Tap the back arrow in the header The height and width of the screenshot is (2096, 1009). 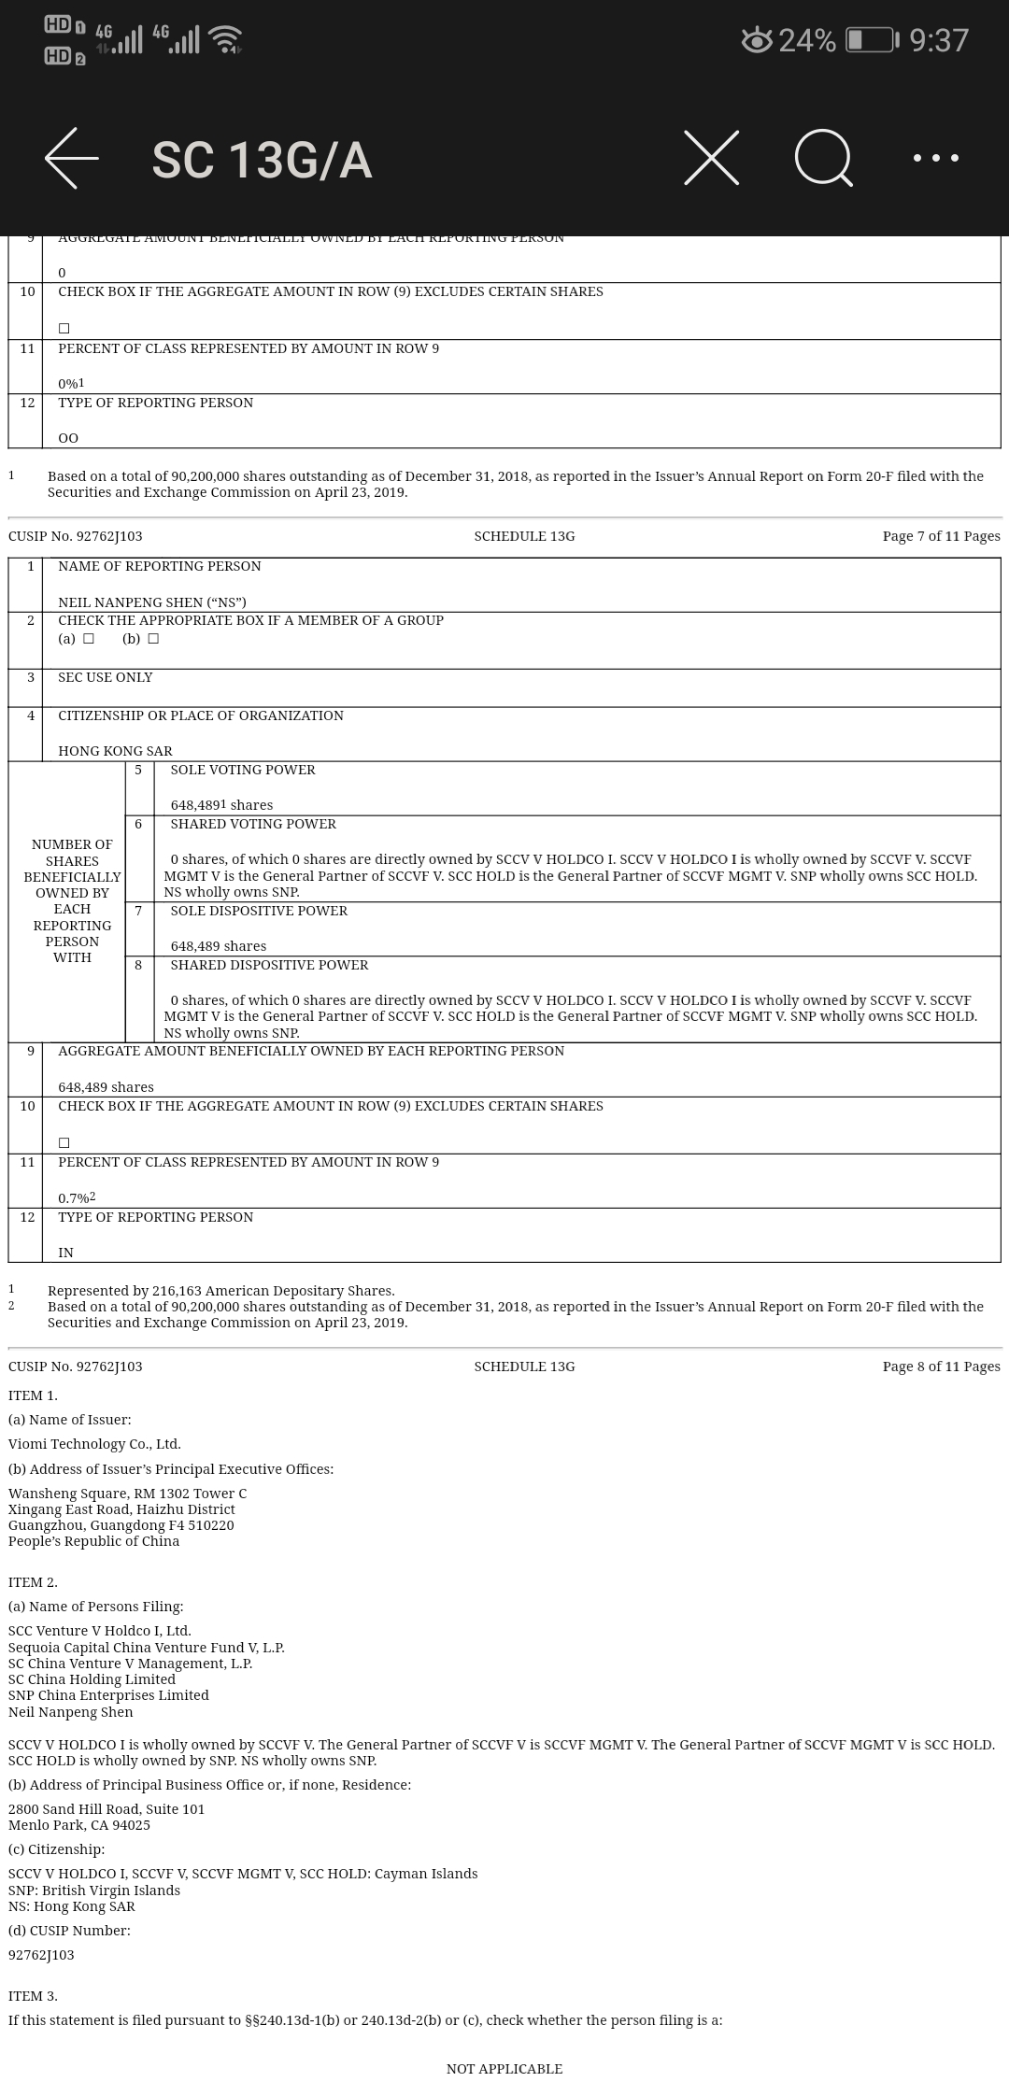click(72, 159)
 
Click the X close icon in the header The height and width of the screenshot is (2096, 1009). click(711, 158)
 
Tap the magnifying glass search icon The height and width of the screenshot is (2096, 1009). click(824, 158)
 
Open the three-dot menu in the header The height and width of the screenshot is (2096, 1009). click(935, 158)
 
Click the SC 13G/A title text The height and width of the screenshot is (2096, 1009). click(262, 161)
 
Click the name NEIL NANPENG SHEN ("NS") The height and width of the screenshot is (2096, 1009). click(152, 602)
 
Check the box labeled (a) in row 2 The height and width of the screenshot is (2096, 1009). click(89, 639)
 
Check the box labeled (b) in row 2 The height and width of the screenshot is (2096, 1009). click(153, 639)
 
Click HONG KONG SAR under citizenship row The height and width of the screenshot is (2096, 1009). click(115, 751)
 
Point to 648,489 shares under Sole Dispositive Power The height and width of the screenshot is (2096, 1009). click(218, 946)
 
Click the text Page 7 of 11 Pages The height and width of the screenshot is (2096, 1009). click(941, 536)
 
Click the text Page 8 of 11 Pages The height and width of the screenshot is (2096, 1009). click(941, 1367)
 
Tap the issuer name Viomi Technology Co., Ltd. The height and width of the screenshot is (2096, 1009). click(94, 1444)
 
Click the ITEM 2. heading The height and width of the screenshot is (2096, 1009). click(33, 1582)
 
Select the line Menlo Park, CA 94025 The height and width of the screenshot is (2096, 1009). click(79, 1825)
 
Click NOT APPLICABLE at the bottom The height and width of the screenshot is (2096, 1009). click(504, 2069)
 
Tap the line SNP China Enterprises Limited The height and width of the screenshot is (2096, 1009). click(108, 1695)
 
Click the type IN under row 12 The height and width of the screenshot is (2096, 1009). click(65, 1253)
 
